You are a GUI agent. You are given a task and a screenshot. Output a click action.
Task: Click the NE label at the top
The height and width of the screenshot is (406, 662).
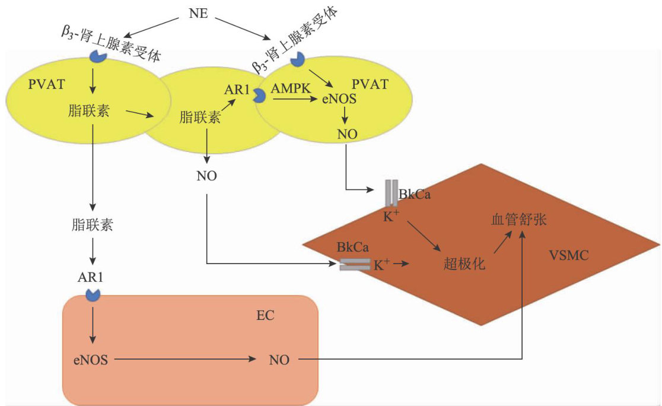199,14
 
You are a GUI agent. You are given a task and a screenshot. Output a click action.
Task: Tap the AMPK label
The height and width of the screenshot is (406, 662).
290,88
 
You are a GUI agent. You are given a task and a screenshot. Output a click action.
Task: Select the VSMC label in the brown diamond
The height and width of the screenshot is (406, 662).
569,255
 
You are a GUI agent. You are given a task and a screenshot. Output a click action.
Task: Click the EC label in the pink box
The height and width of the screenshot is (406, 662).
265,316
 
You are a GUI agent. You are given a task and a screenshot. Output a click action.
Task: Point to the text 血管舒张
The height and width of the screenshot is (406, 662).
519,219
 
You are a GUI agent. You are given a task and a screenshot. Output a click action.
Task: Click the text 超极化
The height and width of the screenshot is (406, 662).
464,264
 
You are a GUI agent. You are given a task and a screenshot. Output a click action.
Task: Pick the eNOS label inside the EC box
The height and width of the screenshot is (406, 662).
91,360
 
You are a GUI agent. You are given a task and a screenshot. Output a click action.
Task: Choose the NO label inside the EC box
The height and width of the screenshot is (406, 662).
279,360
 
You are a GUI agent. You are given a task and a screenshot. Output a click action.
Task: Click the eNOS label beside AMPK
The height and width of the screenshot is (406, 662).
339,99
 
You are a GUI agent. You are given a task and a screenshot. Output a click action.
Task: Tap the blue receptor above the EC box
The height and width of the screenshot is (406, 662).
93,294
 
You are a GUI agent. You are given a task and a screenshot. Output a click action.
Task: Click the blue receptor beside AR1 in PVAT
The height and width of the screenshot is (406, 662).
259,96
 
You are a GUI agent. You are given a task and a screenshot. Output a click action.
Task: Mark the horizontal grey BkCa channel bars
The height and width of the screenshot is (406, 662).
355,265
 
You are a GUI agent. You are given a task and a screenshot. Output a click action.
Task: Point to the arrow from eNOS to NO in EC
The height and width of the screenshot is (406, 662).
185,360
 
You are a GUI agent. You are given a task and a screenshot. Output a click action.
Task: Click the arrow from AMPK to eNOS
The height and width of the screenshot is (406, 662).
295,99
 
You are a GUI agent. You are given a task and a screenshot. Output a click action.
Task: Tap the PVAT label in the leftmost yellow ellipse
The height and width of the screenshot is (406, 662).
46,84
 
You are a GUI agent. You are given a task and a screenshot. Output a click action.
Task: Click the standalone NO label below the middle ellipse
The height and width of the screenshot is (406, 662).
206,176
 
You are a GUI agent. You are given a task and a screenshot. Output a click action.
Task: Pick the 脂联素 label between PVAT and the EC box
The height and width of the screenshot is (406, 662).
93,224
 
